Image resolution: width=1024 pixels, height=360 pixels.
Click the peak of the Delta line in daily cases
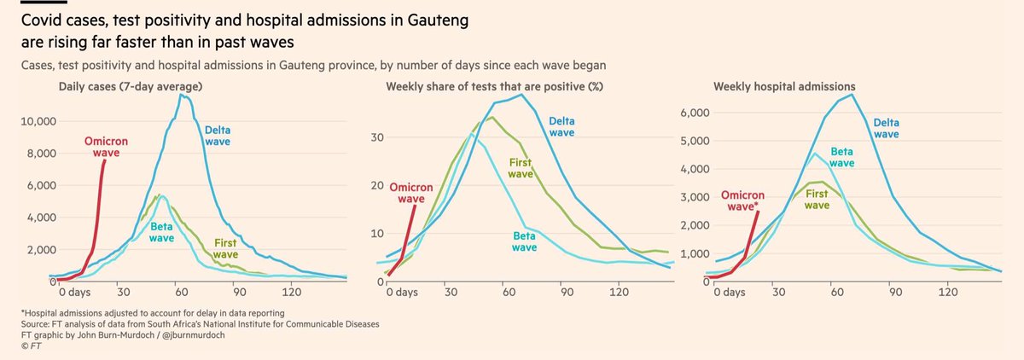click(x=180, y=95)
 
